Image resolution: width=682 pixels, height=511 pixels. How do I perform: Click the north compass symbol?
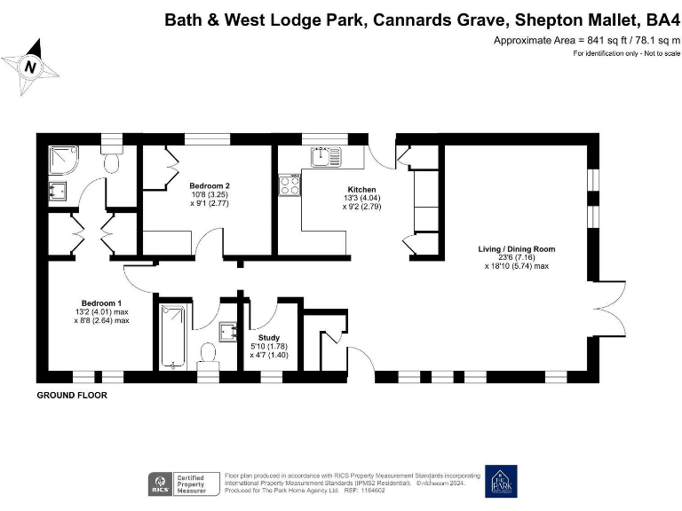click(30, 67)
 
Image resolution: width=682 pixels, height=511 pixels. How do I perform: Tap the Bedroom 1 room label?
click(101, 303)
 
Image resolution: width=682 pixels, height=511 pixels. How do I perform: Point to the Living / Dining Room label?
click(517, 249)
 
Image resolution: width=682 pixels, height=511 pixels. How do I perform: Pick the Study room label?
click(269, 338)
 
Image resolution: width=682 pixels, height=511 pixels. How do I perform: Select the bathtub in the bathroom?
click(173, 337)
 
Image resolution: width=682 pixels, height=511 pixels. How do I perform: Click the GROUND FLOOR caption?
click(72, 396)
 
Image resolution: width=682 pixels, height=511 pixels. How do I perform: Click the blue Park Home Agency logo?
click(500, 482)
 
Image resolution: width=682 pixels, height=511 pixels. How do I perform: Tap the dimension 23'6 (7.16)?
click(517, 257)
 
